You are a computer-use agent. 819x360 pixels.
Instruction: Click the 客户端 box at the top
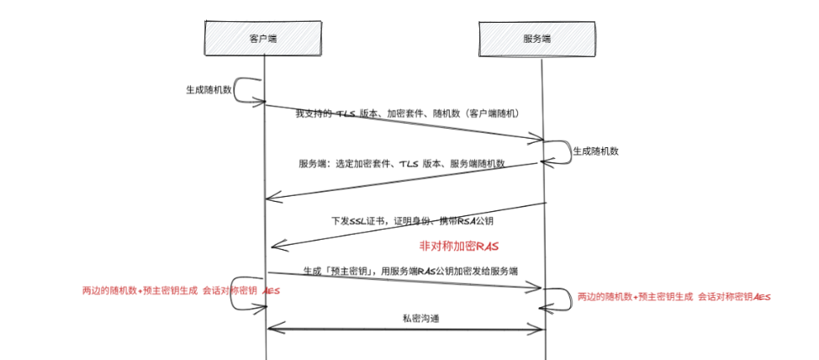pos(263,38)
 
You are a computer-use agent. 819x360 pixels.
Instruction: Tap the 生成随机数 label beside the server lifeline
pos(595,151)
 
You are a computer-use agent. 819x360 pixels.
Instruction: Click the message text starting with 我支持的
pos(411,114)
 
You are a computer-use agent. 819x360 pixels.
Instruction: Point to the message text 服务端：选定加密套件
pos(401,164)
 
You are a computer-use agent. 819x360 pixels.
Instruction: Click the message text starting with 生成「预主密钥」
pos(410,271)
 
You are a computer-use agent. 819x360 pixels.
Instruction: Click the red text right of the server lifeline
pos(674,297)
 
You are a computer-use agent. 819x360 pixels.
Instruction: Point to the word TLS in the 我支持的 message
pos(346,114)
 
